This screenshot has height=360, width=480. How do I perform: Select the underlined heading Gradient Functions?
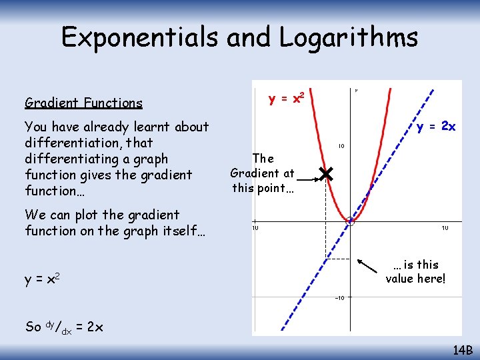[x=83, y=103]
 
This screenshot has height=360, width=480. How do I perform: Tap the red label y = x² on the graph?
[x=287, y=99]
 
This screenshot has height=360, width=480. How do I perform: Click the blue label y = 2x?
[x=436, y=127]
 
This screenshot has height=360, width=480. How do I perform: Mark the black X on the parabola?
[x=325, y=175]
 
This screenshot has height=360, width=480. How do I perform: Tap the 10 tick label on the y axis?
[x=340, y=146]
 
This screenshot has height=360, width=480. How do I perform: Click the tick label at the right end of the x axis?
[x=444, y=228]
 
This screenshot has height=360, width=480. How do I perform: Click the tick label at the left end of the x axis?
[x=255, y=228]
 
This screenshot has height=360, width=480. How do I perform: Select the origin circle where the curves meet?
[x=350, y=221]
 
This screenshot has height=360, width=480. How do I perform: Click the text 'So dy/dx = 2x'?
[x=63, y=327]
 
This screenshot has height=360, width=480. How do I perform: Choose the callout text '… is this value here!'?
[x=415, y=271]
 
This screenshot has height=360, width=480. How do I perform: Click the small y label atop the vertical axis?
[x=356, y=90]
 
